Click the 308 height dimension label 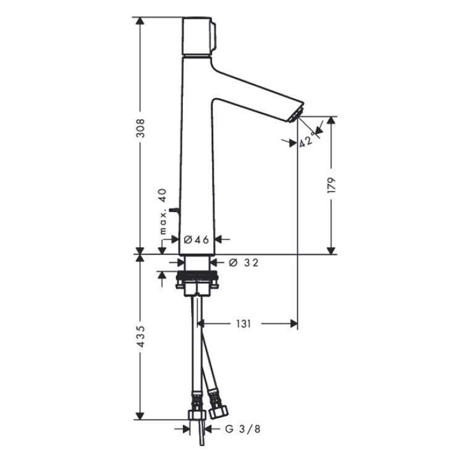[x=140, y=128]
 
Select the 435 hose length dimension [x=140, y=336]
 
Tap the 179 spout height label [x=332, y=185]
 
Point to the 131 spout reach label [x=243, y=324]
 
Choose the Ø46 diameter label [x=197, y=240]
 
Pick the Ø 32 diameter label [x=243, y=263]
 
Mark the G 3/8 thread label [x=242, y=429]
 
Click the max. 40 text [x=163, y=211]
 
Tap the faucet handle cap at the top [x=198, y=36]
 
